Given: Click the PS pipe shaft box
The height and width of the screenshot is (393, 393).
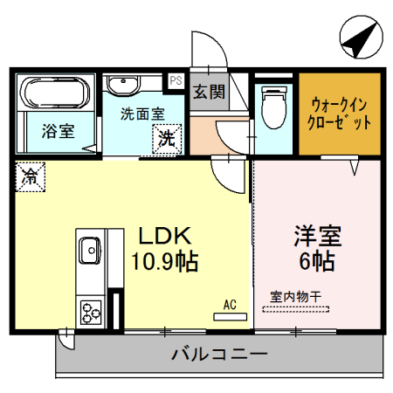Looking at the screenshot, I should coord(176,80).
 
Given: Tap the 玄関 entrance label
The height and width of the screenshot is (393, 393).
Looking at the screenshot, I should coord(209,92).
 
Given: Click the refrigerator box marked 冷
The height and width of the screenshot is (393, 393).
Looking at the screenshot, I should coord(29,176).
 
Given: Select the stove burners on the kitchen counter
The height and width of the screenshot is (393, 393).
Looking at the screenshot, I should coord(90,310).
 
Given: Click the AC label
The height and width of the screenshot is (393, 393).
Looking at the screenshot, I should coord(230,305).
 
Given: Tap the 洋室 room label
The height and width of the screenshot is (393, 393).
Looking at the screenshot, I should coord(317,236).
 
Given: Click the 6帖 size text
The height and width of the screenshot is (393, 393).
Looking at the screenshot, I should coord(317,259).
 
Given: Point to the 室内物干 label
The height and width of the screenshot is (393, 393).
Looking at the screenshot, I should coord(295,297).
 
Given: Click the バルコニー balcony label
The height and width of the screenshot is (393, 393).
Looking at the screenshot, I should coord(218,355).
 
